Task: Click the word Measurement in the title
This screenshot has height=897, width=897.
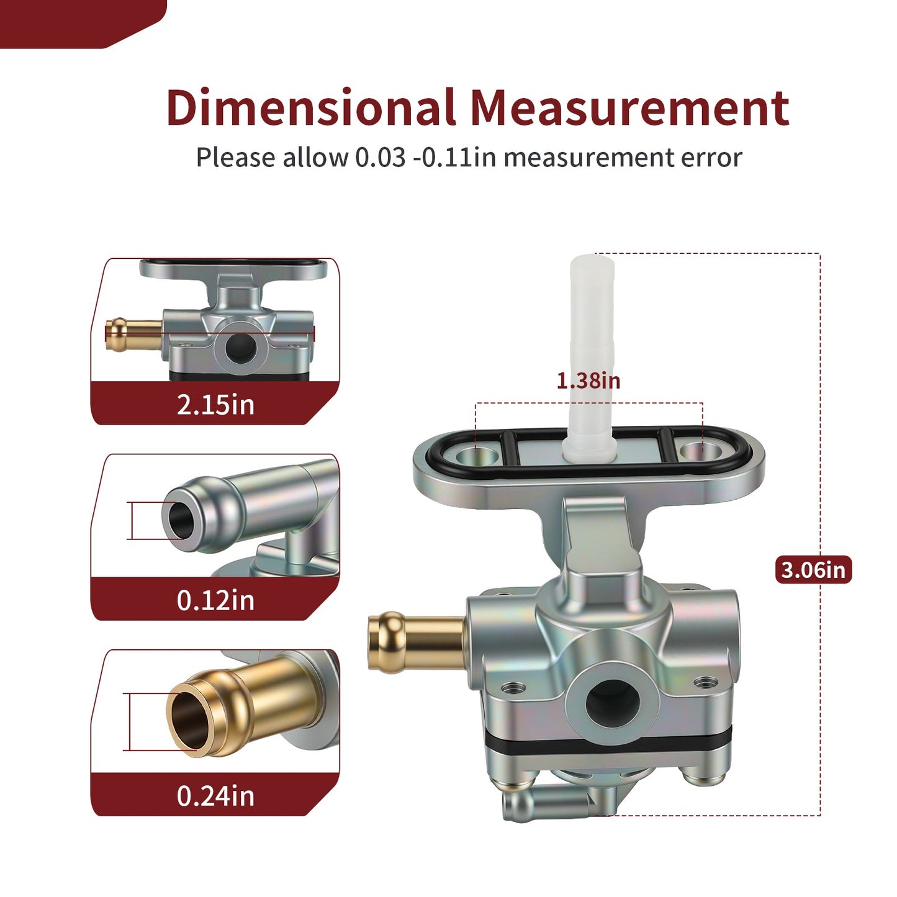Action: (x=630, y=108)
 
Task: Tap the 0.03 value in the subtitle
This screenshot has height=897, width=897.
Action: (x=381, y=157)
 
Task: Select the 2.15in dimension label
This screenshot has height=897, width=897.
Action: (x=215, y=405)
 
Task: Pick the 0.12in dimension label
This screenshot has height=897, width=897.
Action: (x=215, y=600)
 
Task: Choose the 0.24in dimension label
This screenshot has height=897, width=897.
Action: (x=215, y=796)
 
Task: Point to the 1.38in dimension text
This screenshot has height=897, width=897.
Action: (x=588, y=381)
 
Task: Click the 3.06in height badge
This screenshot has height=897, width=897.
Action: (x=813, y=570)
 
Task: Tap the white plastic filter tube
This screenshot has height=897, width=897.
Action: (x=590, y=358)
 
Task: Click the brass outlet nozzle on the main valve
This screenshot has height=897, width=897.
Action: (x=417, y=643)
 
